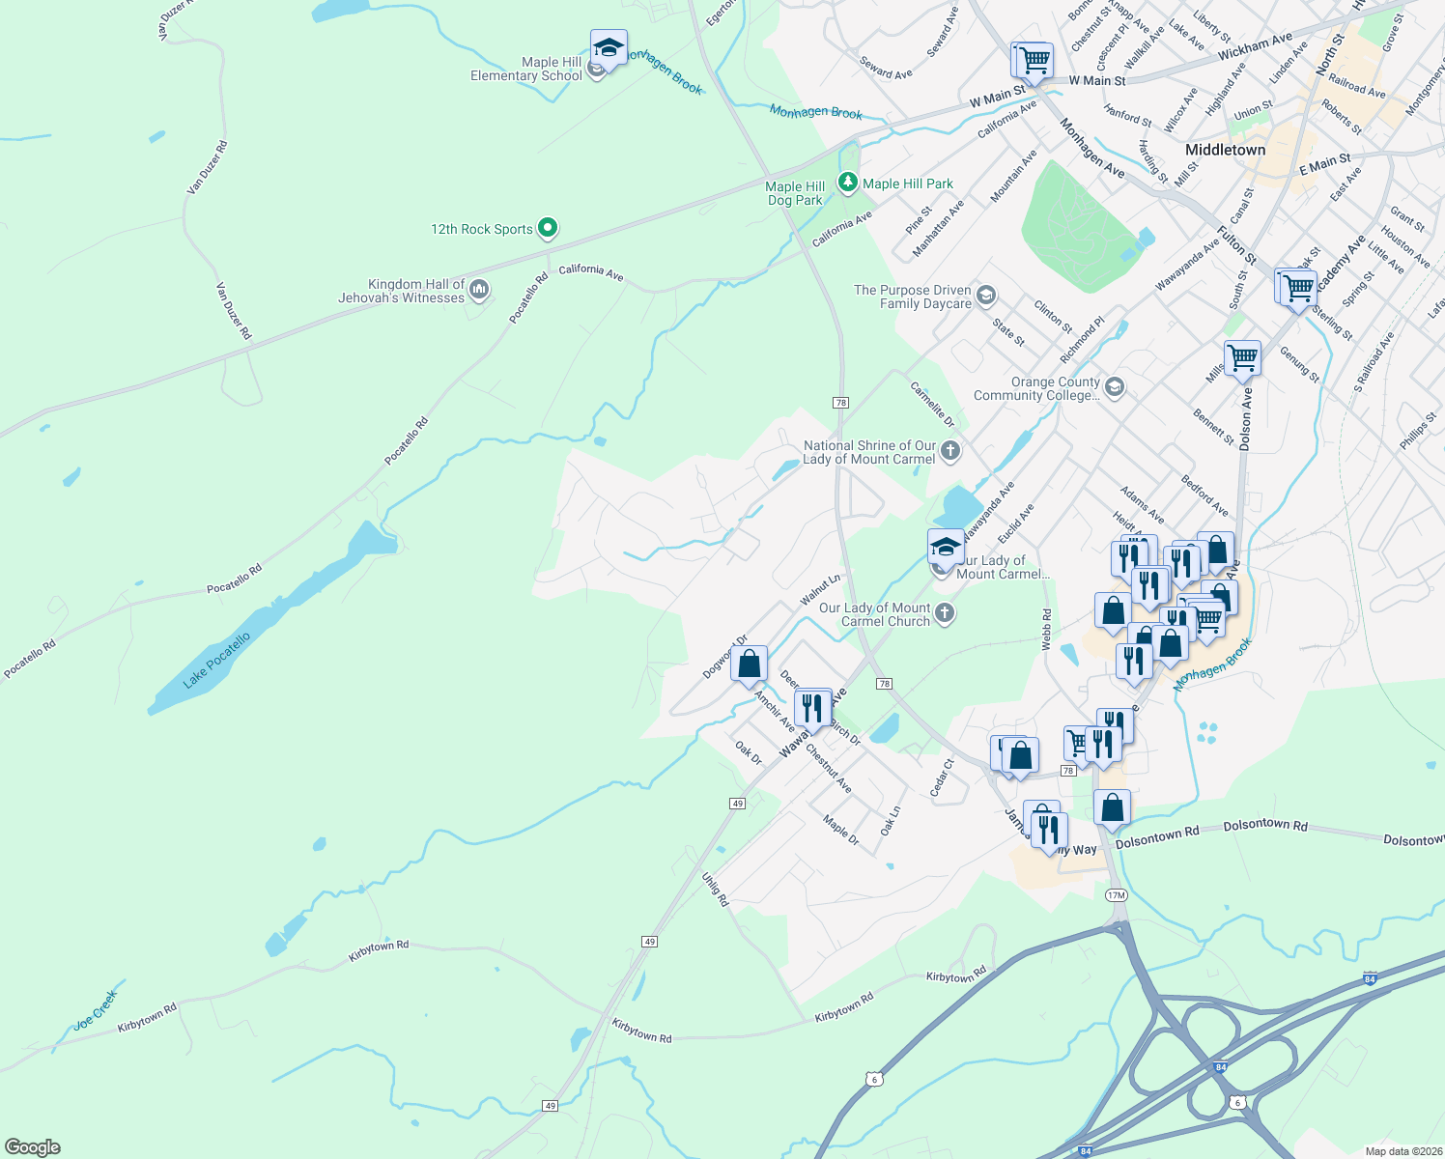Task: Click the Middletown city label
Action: pyautogui.click(x=1225, y=150)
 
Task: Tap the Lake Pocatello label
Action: pyautogui.click(x=216, y=661)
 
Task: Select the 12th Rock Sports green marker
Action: pyautogui.click(x=548, y=229)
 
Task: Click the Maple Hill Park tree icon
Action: pyautogui.click(x=847, y=182)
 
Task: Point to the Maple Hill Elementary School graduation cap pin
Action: pyautogui.click(x=609, y=48)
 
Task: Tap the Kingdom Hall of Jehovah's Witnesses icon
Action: pyautogui.click(x=478, y=290)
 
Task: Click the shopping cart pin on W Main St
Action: pyautogui.click(x=1034, y=60)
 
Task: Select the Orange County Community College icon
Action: pyautogui.click(x=1114, y=388)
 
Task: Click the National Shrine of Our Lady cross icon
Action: pyautogui.click(x=950, y=451)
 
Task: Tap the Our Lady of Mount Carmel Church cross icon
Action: pyautogui.click(x=945, y=613)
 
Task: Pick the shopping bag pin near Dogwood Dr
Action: pyautogui.click(x=749, y=664)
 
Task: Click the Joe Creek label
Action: pyautogui.click(x=96, y=1009)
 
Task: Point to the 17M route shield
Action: pyautogui.click(x=1116, y=895)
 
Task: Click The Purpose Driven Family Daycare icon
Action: pyautogui.click(x=986, y=296)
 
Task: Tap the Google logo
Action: pyautogui.click(x=33, y=1146)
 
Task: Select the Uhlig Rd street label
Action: pyautogui.click(x=715, y=889)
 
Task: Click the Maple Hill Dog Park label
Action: pyautogui.click(x=795, y=193)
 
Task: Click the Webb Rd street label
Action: pyautogui.click(x=1046, y=629)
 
